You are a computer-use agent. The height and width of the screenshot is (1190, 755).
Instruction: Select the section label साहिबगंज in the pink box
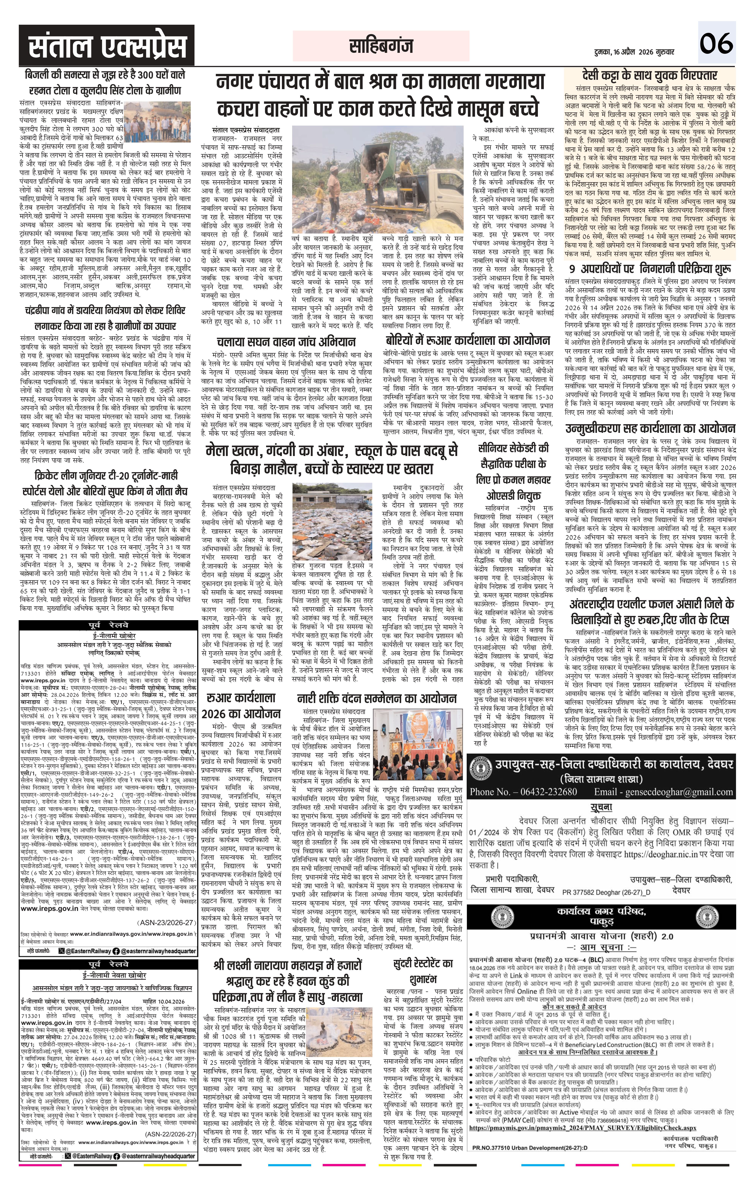[380, 47]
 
